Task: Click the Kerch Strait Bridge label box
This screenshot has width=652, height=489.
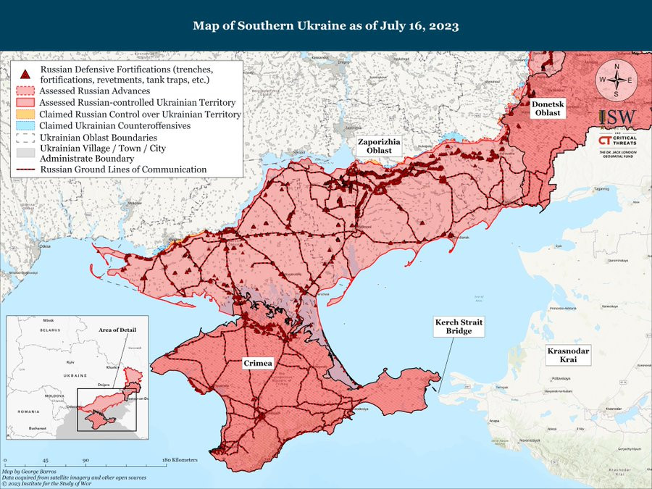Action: click(x=459, y=326)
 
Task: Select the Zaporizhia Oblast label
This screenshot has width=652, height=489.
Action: click(x=378, y=146)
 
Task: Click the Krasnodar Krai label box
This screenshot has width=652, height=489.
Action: click(x=568, y=355)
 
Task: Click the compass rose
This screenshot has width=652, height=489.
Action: click(x=616, y=80)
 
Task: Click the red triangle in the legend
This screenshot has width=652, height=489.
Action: click(x=25, y=73)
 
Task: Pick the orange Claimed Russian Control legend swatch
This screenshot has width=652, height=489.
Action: click(x=25, y=114)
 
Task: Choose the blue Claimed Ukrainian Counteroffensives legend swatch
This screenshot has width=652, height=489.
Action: click(x=25, y=125)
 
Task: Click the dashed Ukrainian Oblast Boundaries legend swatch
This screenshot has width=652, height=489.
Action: click(x=25, y=137)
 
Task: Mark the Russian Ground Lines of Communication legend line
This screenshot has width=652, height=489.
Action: click(x=25, y=170)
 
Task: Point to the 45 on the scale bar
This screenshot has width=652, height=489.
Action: click(x=45, y=461)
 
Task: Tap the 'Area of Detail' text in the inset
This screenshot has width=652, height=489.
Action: click(x=117, y=330)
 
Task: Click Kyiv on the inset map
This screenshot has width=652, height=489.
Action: click(x=70, y=361)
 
